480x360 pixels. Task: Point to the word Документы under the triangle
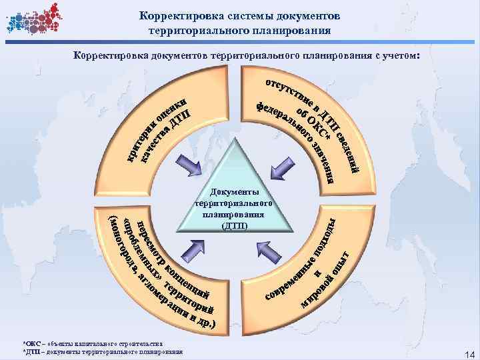[233, 191]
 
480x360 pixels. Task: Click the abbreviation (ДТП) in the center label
[233, 225]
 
